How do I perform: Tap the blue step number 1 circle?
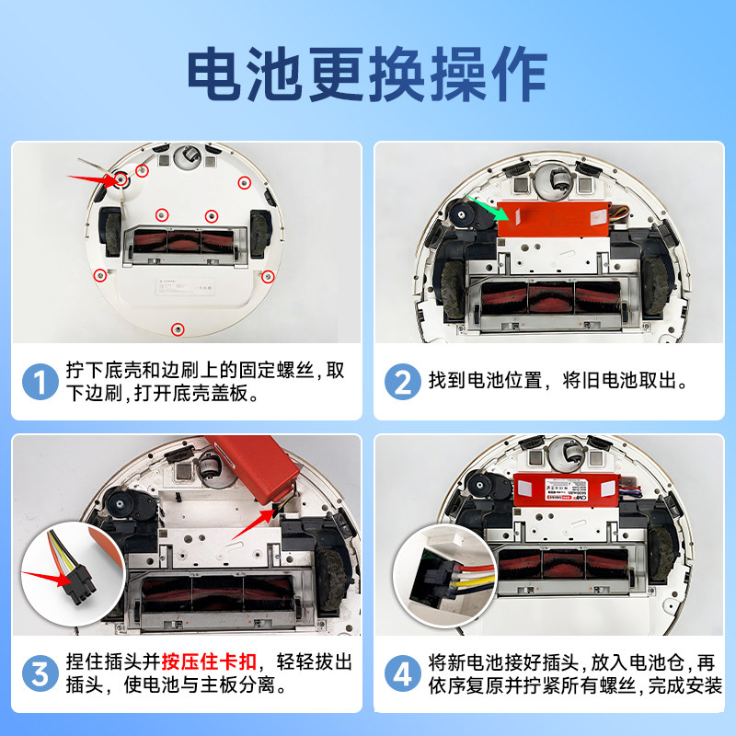pos(40,381)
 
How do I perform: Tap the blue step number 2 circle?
pos(402,381)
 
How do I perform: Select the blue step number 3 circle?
pos(40,674)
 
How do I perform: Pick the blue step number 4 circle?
pos(402,674)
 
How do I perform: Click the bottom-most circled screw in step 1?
pos(178,328)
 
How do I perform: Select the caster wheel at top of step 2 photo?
pos(555,179)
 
